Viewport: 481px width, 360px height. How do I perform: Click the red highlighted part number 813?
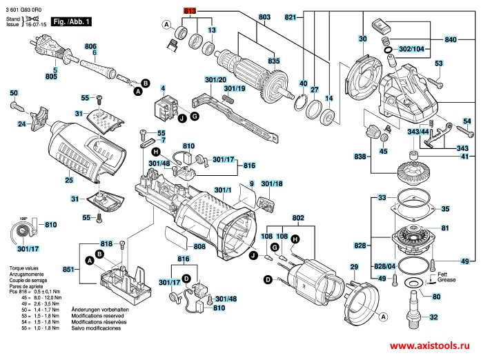point(190,12)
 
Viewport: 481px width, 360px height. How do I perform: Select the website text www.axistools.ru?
point(433,347)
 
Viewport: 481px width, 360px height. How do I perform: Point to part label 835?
point(274,61)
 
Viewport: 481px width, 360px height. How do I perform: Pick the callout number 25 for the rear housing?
point(68,181)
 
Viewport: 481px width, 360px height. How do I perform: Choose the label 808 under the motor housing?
point(199,246)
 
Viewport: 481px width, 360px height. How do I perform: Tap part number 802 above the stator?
point(298,218)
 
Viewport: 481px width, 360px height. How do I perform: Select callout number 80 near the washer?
point(436,297)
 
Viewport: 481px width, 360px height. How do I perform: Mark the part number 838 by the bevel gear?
point(360,157)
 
